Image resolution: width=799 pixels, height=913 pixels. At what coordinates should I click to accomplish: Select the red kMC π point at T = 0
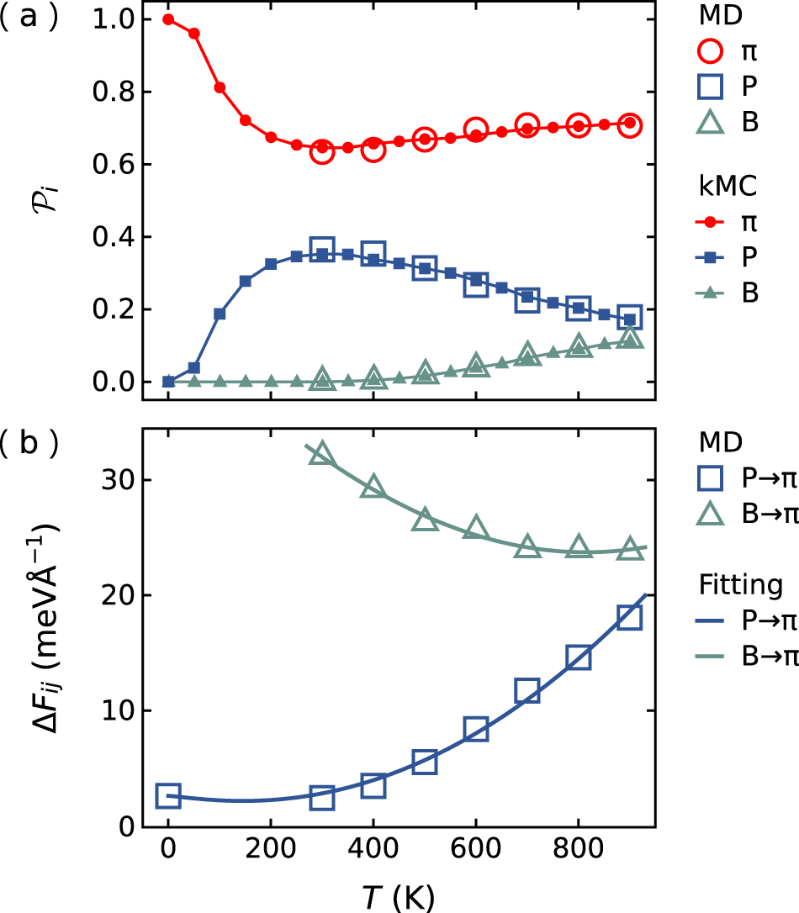[168, 19]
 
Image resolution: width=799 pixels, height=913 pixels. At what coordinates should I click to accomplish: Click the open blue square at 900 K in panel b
[629, 618]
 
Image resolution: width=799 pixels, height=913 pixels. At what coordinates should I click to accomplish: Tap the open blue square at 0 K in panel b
[168, 795]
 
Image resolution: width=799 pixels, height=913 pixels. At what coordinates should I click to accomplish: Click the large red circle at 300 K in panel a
[322, 151]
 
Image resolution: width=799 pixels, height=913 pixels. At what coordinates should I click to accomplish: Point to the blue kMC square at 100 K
[220, 314]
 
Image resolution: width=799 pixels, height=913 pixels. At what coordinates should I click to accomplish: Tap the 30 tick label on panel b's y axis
[120, 480]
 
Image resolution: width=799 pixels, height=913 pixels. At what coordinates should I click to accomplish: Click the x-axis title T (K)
[399, 896]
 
